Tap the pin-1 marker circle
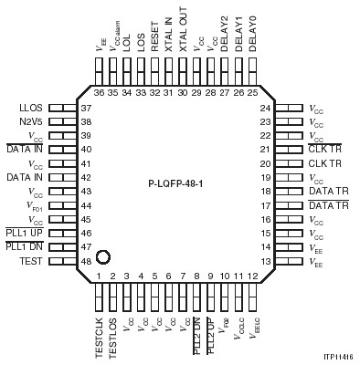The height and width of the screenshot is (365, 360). coord(104,258)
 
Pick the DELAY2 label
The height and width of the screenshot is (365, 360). coord(224,40)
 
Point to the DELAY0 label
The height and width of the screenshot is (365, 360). coord(251,40)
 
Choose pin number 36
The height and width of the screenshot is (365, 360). coord(99,92)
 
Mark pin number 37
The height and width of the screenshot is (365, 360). coord(87,108)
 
